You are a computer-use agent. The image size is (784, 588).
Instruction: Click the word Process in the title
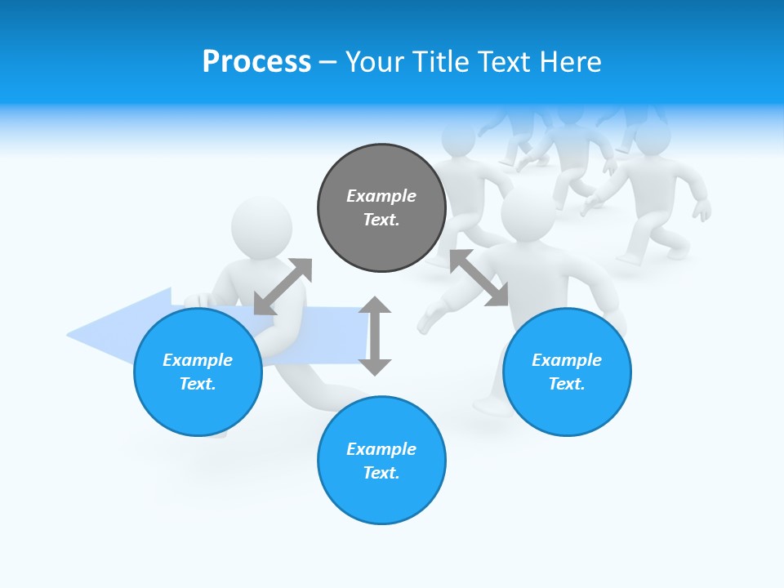256,61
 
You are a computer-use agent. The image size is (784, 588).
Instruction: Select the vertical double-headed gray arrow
375,336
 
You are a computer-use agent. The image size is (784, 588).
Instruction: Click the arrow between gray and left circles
283,287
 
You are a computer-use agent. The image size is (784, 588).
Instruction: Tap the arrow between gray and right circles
479,278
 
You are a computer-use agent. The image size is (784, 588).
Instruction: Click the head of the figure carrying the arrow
261,226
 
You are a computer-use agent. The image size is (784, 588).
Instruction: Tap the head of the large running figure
528,214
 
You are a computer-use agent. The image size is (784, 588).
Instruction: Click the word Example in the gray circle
381,196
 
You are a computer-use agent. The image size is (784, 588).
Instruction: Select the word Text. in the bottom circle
381,473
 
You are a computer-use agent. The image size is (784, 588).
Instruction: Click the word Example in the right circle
567,360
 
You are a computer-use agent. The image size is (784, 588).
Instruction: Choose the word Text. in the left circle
198,384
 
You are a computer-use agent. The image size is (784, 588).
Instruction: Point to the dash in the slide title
327,61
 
